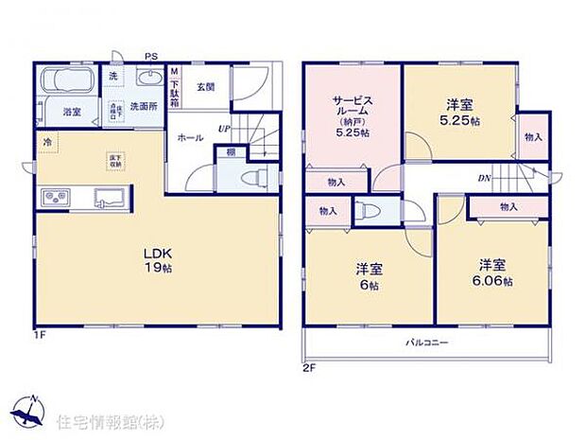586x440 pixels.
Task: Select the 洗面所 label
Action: coord(143,105)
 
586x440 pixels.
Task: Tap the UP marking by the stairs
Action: coord(224,128)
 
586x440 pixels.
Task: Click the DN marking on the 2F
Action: coord(483,178)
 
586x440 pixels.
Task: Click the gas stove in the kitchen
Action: coord(54,198)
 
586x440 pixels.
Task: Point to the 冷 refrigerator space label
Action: coord(46,143)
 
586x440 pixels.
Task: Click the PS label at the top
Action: coord(149,56)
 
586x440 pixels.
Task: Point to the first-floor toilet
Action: coord(254,178)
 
